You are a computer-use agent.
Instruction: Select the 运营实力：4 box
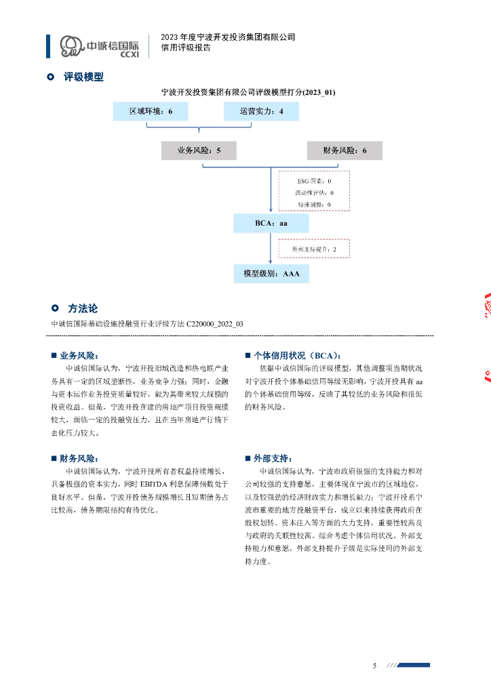point(261,111)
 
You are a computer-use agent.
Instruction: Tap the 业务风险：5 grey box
point(199,150)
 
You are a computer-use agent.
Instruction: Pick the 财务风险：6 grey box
point(345,150)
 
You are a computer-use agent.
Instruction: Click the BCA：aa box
point(271,224)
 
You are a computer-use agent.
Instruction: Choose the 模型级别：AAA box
point(271,274)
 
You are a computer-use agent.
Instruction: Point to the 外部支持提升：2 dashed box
point(314,249)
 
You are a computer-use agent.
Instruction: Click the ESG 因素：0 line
point(314,182)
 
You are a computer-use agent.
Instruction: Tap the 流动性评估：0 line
point(314,192)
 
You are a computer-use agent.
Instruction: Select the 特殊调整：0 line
point(314,203)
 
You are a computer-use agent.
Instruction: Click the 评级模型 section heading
point(83,77)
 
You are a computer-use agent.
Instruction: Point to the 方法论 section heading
point(83,308)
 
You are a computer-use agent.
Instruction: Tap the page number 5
point(374,666)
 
